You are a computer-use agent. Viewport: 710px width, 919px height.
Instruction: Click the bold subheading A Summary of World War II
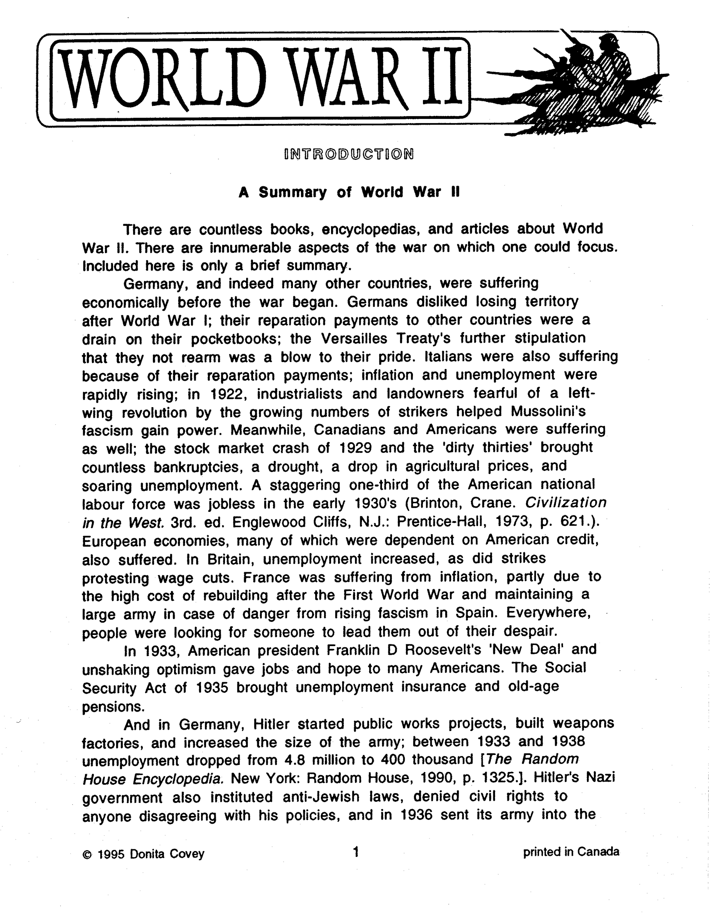coord(349,192)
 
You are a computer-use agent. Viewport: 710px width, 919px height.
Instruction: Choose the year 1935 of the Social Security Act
coord(212,688)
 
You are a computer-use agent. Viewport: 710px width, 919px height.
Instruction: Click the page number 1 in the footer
coord(356,852)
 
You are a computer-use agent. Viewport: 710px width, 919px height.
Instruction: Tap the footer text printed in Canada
coord(571,852)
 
